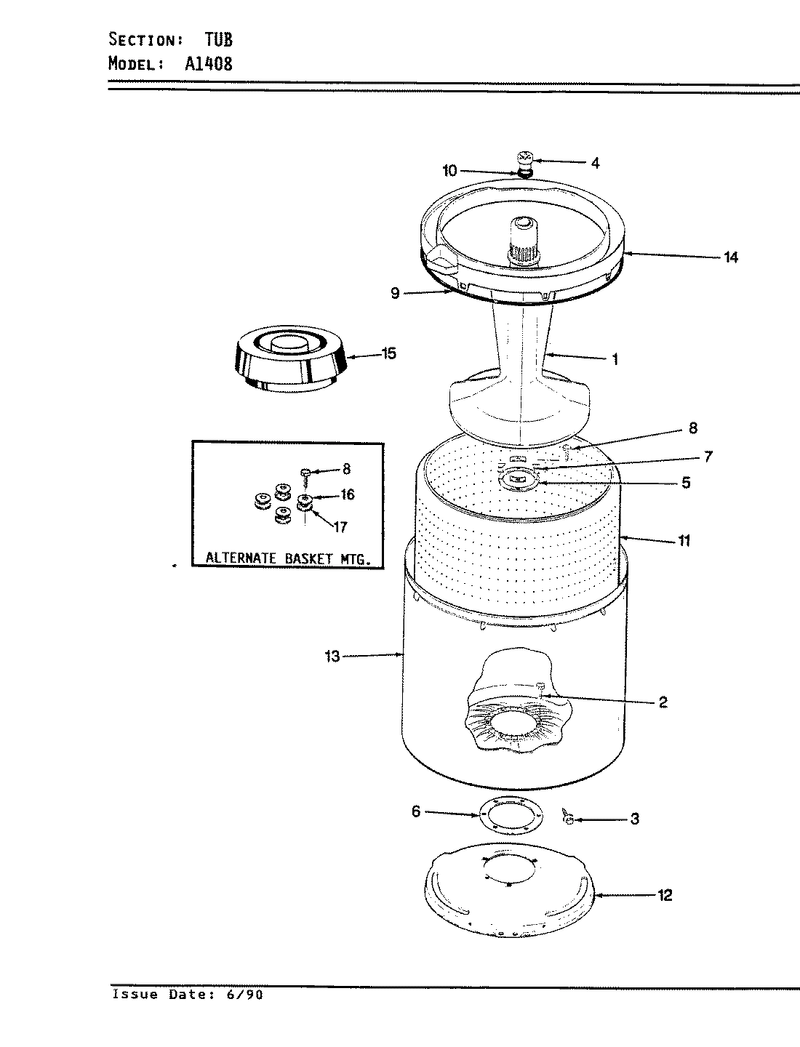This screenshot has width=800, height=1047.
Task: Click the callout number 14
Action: [730, 257]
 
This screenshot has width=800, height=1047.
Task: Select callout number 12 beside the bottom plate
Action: [665, 895]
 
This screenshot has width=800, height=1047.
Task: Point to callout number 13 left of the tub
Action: [332, 657]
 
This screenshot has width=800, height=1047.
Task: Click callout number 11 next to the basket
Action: [684, 540]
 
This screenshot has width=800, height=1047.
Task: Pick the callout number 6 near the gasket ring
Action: [416, 811]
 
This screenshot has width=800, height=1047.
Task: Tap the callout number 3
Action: [634, 819]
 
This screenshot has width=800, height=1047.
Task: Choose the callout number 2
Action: [663, 702]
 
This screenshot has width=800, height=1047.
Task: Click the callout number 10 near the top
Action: [449, 171]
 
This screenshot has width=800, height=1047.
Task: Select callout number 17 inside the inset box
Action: [340, 527]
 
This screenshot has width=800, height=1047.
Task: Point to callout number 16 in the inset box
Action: [347, 495]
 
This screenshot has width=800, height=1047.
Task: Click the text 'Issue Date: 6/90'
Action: [187, 995]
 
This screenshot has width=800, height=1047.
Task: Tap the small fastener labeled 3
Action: [568, 818]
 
